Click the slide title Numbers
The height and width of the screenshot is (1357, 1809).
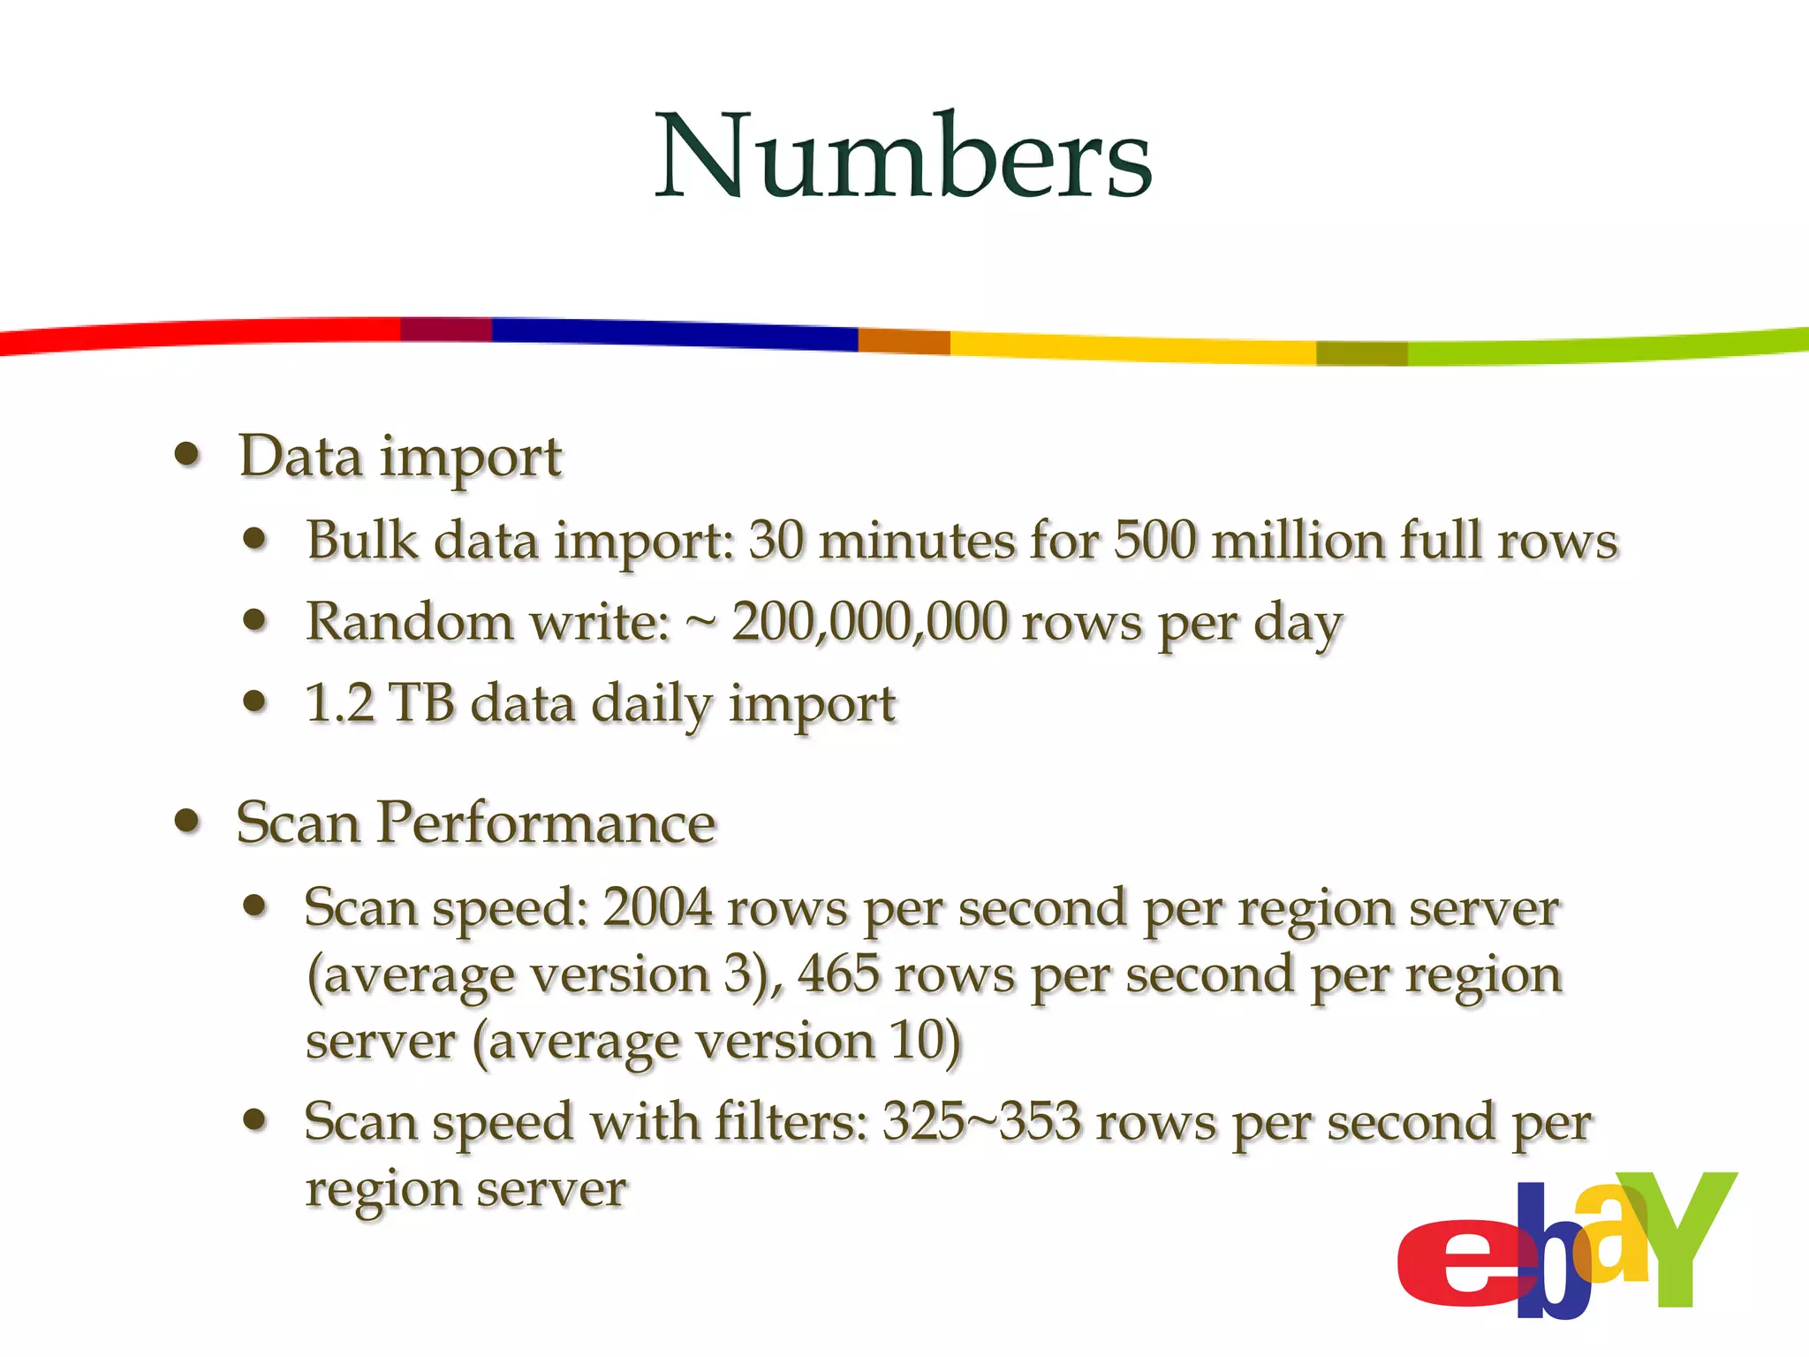(x=903, y=155)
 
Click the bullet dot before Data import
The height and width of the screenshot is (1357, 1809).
(x=187, y=455)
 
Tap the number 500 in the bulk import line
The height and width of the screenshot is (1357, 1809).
(x=1154, y=540)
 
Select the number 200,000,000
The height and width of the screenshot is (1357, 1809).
(x=869, y=621)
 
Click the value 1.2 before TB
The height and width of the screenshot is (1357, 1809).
(x=339, y=703)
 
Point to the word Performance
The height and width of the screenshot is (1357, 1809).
(x=546, y=823)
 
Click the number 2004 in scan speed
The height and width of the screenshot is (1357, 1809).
(x=657, y=907)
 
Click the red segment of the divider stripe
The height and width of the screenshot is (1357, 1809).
(x=203, y=336)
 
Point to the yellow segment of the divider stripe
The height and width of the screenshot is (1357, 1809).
(x=1131, y=347)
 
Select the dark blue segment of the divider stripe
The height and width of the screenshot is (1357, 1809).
(x=671, y=333)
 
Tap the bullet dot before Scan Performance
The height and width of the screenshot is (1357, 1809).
(x=187, y=821)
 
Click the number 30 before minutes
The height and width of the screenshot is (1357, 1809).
(x=776, y=540)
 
